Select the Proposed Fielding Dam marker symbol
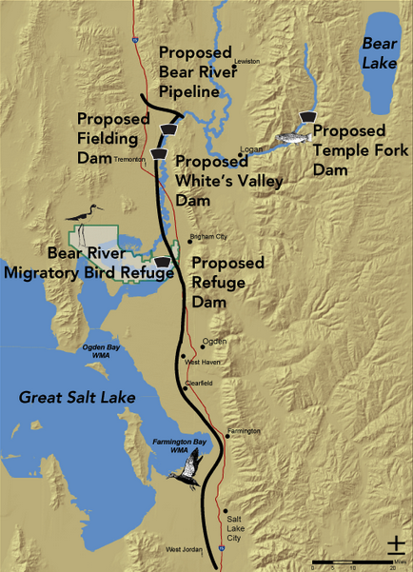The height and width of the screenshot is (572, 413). coord(168,128)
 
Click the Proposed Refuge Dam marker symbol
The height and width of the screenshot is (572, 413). coord(163,261)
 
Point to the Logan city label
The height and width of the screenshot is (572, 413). coord(250,148)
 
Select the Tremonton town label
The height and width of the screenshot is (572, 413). coord(128,160)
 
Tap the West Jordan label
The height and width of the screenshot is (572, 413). coord(185,550)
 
